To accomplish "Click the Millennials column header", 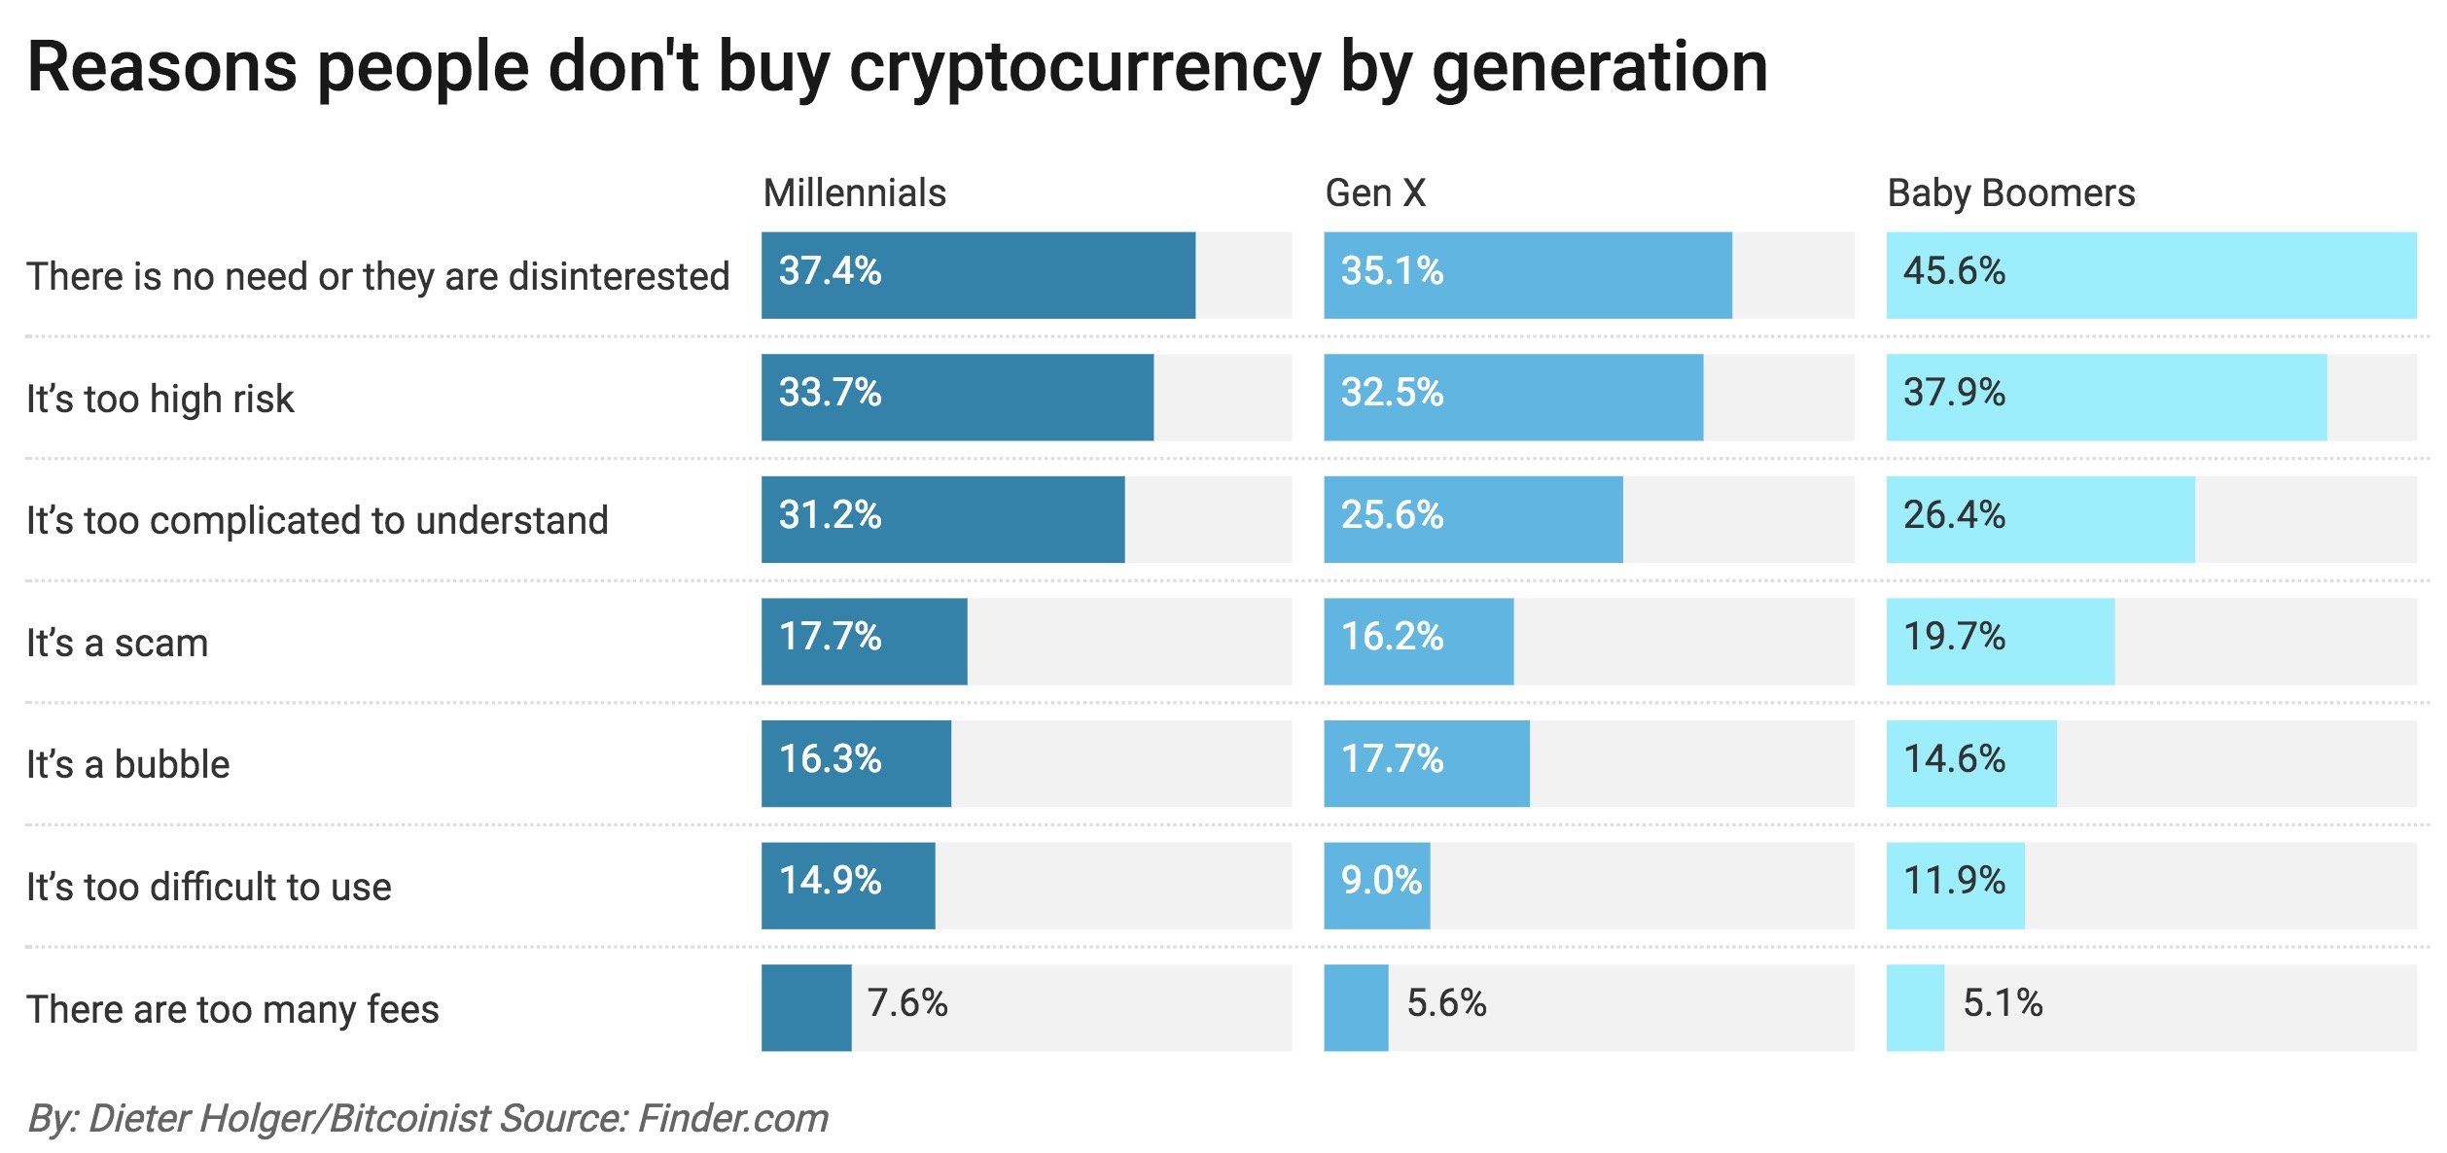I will (x=854, y=193).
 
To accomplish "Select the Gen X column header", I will (x=1375, y=193).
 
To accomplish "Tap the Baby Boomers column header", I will (x=2010, y=193).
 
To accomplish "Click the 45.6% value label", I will (x=1954, y=271).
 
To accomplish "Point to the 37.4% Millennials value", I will (x=830, y=271).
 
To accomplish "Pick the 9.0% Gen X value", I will (x=1381, y=881).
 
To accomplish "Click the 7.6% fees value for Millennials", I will (x=907, y=1003).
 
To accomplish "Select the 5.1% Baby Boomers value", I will (x=2003, y=1003).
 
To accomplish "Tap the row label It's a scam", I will (x=117, y=644).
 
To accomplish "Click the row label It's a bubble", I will (x=127, y=765).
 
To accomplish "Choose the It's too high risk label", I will (x=160, y=399).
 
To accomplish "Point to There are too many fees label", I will (x=232, y=1009).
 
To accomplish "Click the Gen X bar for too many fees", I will (x=1356, y=1008).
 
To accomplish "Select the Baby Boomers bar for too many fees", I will (x=1915, y=1008).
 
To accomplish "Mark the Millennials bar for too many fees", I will (x=806, y=1008).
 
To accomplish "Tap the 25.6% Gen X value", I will (x=1392, y=515).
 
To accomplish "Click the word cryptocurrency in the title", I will (x=1084, y=68).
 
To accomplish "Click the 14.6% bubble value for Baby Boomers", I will (x=1954, y=759).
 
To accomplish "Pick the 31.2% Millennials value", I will (x=830, y=515).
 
